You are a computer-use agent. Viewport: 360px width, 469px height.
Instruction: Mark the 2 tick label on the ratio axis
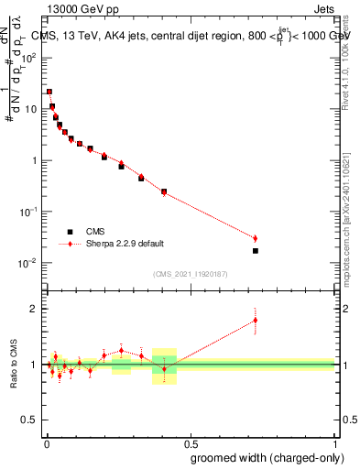34,309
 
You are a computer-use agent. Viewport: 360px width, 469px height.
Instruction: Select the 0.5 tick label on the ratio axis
29,420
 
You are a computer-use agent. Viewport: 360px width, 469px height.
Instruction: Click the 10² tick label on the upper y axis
30,57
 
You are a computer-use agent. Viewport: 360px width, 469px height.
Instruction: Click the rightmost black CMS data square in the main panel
256,250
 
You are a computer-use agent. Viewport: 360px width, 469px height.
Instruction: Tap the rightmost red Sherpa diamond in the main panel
256,239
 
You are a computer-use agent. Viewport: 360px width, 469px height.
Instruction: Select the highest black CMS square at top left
49,92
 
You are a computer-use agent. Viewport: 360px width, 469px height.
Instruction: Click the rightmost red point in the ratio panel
256,320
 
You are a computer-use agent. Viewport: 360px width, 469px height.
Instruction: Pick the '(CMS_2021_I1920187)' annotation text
190,273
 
